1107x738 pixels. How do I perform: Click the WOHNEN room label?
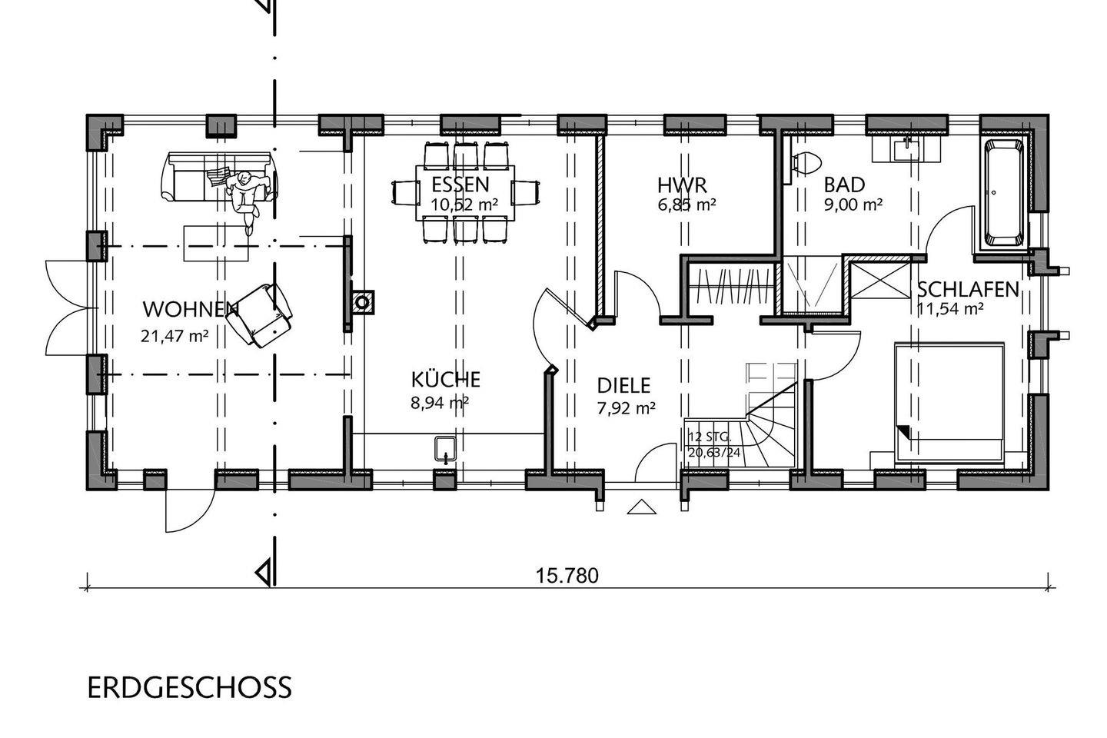[191, 310]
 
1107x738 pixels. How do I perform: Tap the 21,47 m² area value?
[175, 336]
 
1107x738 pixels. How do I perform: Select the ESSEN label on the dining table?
[460, 184]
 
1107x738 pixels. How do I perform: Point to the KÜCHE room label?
[445, 379]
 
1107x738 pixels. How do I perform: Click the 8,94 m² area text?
[440, 403]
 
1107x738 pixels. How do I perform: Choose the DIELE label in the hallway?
[623, 386]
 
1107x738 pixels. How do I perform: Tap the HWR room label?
[682, 185]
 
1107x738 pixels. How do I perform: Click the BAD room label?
[844, 184]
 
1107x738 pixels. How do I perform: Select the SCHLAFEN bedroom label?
[968, 290]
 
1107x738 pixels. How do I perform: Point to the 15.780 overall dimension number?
[567, 576]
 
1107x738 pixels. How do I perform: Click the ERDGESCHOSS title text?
[189, 687]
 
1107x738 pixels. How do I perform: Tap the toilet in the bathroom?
[806, 162]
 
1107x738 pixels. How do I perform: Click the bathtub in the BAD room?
[1003, 193]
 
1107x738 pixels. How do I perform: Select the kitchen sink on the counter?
[446, 449]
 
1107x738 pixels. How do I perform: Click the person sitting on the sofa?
[247, 195]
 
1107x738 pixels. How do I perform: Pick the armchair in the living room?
[259, 315]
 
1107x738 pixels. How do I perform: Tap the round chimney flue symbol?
[363, 302]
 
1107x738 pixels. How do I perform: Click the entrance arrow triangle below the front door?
[642, 507]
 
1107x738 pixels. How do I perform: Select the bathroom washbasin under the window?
[906, 149]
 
